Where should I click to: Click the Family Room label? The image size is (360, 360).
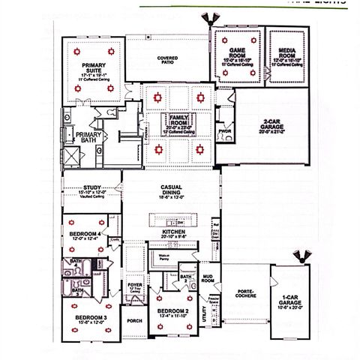click(x=178, y=121)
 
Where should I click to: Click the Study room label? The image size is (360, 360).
click(x=92, y=188)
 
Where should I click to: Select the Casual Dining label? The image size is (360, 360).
click(x=172, y=190)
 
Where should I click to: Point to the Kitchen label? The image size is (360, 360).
click(x=173, y=233)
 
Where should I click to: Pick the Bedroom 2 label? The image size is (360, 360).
click(x=172, y=310)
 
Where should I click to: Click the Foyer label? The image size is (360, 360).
click(x=135, y=286)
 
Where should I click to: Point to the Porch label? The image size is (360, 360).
click(x=134, y=321)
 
